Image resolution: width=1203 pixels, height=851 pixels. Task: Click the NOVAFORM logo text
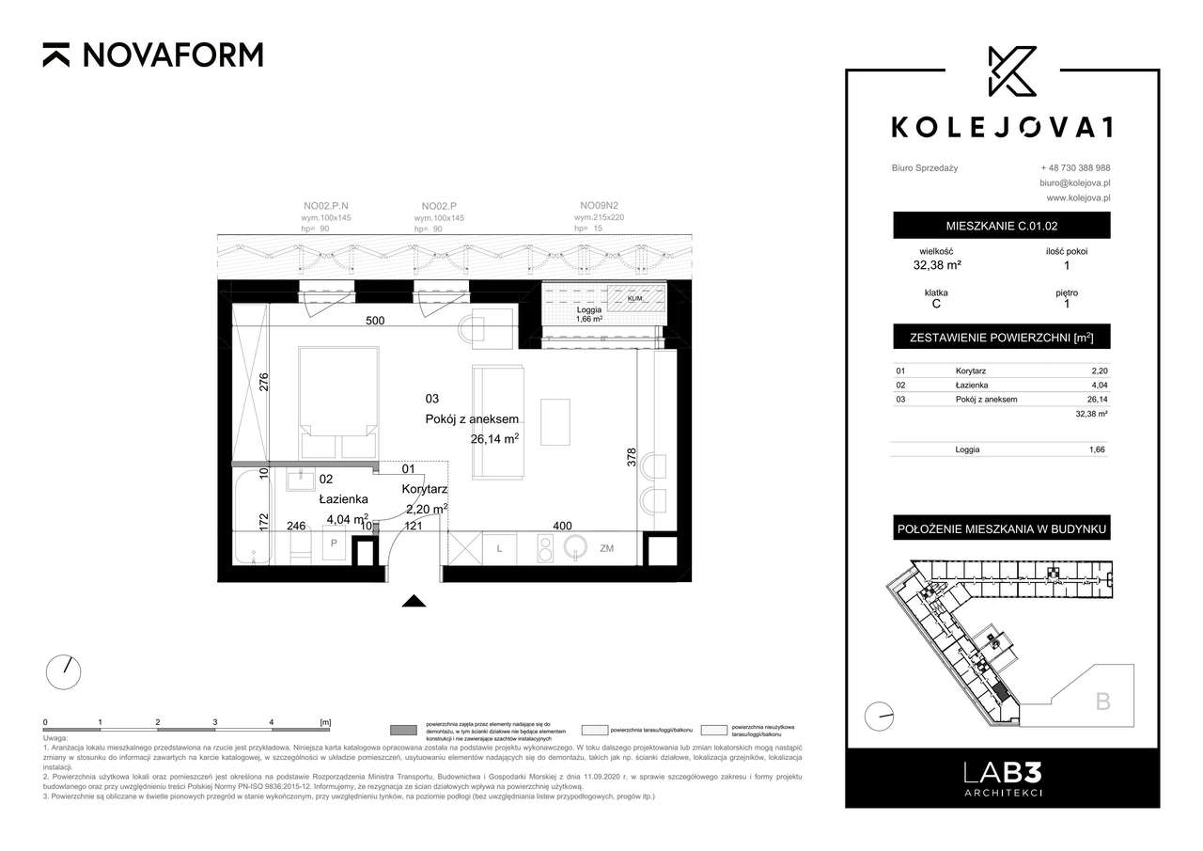coord(172,55)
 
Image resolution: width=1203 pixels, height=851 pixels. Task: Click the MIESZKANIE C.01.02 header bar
coord(1001,226)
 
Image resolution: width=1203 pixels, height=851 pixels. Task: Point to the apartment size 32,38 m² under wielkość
coord(937,265)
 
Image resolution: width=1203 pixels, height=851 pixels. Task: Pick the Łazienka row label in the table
coord(973,385)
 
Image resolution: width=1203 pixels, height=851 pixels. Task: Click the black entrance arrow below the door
coord(414,602)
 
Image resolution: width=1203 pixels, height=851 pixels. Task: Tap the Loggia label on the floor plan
coord(589,308)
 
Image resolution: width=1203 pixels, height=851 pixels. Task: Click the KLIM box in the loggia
coord(635,298)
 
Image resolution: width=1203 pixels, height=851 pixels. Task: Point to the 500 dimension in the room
coord(375,321)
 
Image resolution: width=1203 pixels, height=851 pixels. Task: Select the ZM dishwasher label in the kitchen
coord(607,548)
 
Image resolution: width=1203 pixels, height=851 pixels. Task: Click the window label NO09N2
coord(598,205)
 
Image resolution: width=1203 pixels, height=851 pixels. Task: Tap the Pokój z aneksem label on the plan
coord(470,419)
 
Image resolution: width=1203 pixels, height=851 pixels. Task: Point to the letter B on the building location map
coord(1102,701)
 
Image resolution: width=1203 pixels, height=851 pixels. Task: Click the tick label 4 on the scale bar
coord(272,721)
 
